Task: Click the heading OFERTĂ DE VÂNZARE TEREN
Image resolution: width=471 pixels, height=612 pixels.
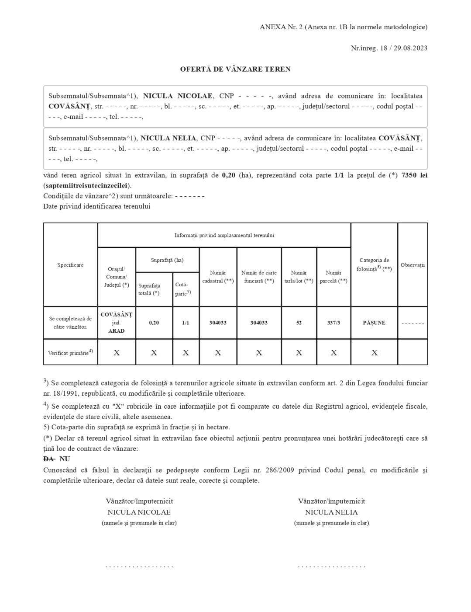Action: (235, 69)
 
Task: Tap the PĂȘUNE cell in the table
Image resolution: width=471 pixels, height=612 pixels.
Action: (374, 323)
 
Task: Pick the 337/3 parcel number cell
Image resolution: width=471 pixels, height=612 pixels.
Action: (333, 323)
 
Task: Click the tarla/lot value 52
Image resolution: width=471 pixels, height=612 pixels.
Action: (299, 323)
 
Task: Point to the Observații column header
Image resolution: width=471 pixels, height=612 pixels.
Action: (413, 265)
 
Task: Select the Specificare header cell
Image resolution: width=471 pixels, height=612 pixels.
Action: (70, 265)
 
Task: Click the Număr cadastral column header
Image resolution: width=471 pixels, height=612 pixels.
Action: (218, 277)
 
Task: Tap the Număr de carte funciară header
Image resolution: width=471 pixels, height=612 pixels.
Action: (259, 277)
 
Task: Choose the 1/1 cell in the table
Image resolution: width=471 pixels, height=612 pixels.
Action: (186, 323)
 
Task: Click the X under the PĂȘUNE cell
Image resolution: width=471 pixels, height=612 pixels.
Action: (374, 352)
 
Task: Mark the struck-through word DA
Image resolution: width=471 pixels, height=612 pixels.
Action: (48, 459)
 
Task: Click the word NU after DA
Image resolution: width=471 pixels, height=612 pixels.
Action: (65, 459)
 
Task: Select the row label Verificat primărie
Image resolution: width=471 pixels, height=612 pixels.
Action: (70, 352)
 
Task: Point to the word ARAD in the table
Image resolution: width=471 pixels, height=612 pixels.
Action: (117, 331)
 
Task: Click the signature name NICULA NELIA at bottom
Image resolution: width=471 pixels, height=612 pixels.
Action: (331, 512)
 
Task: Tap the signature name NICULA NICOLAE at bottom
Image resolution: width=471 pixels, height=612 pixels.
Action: (139, 512)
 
